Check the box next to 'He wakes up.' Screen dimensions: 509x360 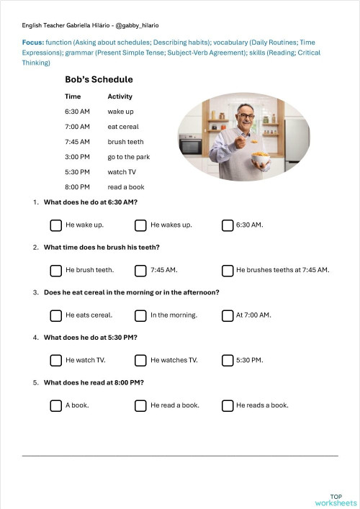click(x=140, y=225)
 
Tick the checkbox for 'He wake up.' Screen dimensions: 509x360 click(x=55, y=225)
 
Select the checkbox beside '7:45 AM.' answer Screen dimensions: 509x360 click(x=140, y=271)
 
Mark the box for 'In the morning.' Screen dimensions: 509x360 click(x=140, y=315)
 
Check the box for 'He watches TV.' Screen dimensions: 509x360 click(x=140, y=360)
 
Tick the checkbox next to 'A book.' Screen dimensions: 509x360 click(x=55, y=405)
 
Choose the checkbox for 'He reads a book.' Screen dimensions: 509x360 click(x=227, y=405)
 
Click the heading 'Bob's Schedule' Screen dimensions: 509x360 click(x=99, y=80)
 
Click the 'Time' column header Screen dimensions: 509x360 click(x=73, y=96)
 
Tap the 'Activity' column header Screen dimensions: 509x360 click(x=120, y=96)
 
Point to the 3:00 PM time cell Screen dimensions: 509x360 click(x=77, y=157)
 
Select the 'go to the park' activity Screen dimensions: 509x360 click(x=128, y=157)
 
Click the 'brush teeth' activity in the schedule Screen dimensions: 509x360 click(x=125, y=142)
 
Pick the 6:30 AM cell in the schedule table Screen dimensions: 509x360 click(x=77, y=112)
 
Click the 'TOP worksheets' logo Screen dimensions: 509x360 click(x=336, y=500)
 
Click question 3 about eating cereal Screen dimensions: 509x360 click(x=131, y=292)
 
